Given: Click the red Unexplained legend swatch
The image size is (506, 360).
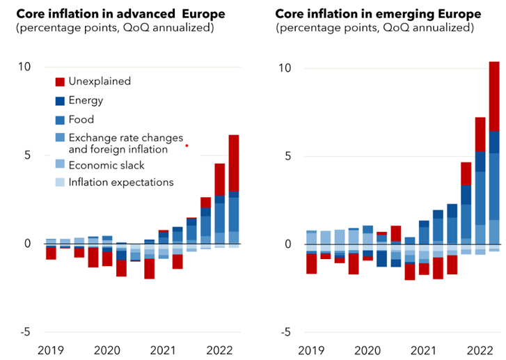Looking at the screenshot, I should [x=61, y=81].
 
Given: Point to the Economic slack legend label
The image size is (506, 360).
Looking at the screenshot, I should [x=106, y=165].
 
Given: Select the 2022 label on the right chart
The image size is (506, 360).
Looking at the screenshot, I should [x=480, y=350].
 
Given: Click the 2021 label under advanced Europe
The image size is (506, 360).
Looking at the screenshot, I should [x=162, y=350].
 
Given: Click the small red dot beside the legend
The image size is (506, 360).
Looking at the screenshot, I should [x=187, y=146].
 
